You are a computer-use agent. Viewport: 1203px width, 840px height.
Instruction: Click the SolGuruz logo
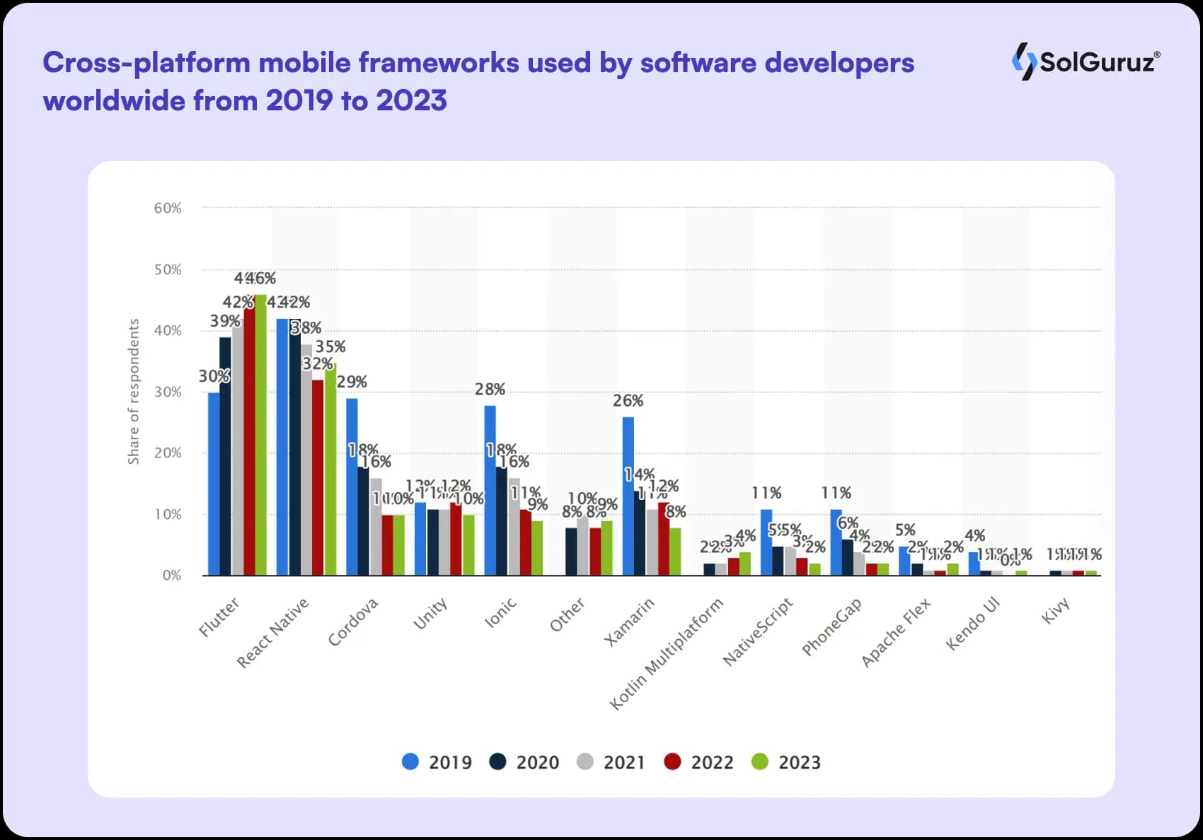(1086, 62)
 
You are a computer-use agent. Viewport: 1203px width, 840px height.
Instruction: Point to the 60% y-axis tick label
(168, 208)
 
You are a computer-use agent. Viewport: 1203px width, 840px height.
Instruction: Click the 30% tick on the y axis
(168, 392)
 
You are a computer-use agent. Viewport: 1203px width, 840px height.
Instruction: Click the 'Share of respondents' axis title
(134, 392)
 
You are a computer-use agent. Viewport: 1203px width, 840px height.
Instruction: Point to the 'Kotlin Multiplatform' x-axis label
(667, 653)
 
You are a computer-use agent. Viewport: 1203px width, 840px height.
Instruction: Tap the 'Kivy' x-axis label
(1055, 610)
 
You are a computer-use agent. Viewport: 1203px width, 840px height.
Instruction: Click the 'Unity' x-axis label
(430, 612)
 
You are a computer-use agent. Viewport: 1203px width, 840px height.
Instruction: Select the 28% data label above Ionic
(490, 389)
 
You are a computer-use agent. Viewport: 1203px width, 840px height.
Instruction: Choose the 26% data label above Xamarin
(628, 400)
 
